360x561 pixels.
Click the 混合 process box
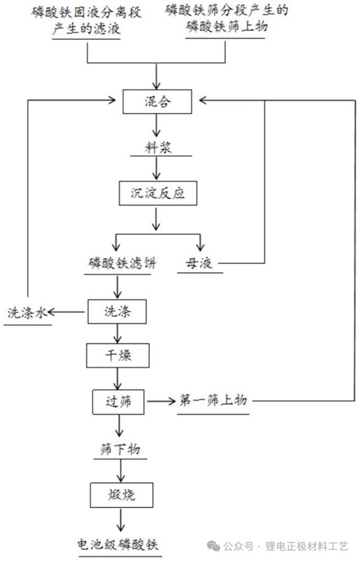(x=157, y=101)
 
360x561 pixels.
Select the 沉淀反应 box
(x=158, y=194)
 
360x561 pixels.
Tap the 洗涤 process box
(x=117, y=311)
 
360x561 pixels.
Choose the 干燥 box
(x=118, y=356)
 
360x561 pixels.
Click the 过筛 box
(x=118, y=402)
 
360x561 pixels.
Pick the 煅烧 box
(x=122, y=495)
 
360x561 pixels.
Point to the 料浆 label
(x=158, y=147)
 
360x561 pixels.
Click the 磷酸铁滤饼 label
(x=122, y=264)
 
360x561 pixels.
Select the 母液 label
(x=199, y=264)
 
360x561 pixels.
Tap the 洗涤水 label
(x=27, y=313)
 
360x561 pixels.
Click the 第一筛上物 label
(x=213, y=400)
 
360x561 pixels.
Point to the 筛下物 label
(x=120, y=449)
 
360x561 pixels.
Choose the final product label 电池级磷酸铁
(x=117, y=545)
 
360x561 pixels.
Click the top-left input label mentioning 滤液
(x=87, y=20)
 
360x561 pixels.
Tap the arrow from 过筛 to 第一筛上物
(x=161, y=401)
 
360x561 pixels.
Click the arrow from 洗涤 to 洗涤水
(x=66, y=312)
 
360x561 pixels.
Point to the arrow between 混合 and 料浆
(x=156, y=126)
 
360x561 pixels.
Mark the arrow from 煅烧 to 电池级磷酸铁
(x=121, y=520)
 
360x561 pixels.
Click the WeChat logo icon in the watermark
(x=214, y=546)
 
